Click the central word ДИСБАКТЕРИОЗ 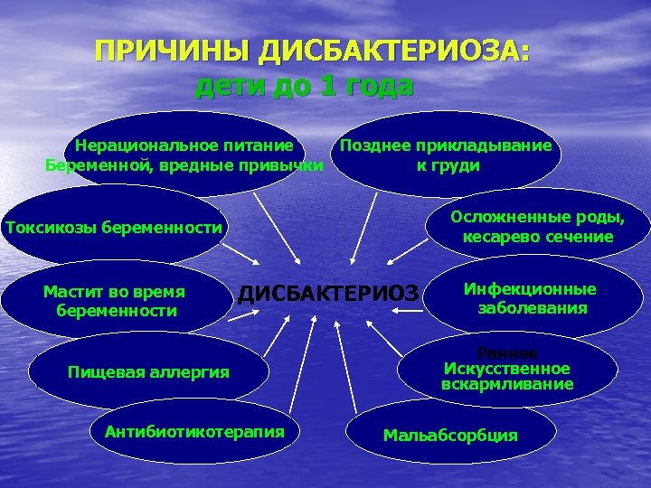pyautogui.click(x=329, y=293)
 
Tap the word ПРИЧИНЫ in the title pyautogui.click(x=172, y=52)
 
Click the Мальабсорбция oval pyautogui.click(x=450, y=435)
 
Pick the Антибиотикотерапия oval pyautogui.click(x=194, y=431)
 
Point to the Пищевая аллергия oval pyautogui.click(x=149, y=371)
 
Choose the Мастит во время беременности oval pyautogui.click(x=115, y=301)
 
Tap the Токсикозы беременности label pyautogui.click(x=114, y=227)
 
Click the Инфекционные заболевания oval pyautogui.click(x=530, y=298)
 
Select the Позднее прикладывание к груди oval pyautogui.click(x=447, y=155)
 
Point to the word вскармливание pyautogui.click(x=507, y=384)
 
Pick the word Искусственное pyautogui.click(x=507, y=369)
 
